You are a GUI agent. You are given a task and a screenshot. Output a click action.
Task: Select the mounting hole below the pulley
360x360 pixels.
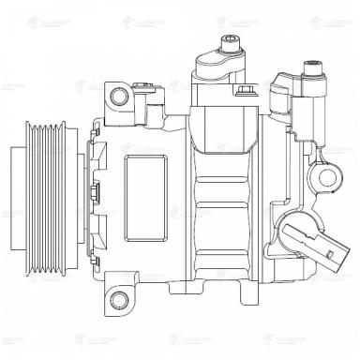117,300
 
